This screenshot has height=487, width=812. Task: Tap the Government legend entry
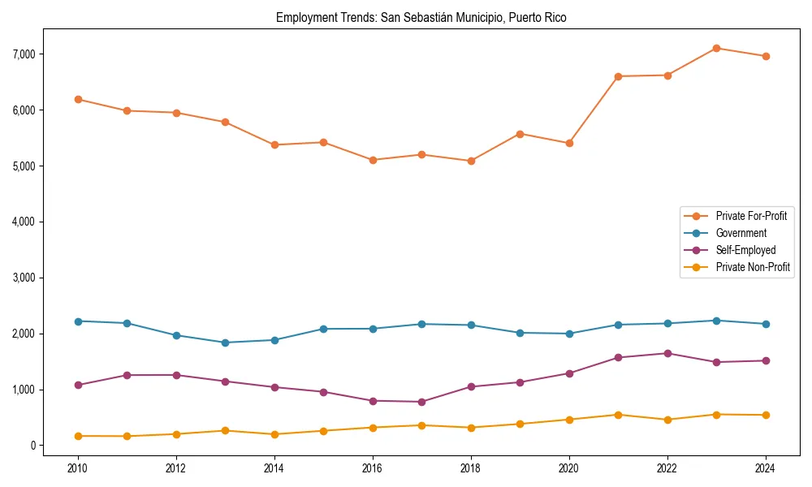(741, 233)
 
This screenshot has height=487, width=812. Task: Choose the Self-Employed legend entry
(745, 250)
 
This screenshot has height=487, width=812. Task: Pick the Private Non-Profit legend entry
(753, 267)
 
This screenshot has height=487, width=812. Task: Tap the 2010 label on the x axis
(78, 468)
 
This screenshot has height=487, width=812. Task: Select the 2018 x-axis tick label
(471, 468)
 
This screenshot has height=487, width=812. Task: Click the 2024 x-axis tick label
(766, 468)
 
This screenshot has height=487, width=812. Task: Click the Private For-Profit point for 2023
(716, 48)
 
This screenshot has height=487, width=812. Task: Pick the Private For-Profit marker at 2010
(78, 99)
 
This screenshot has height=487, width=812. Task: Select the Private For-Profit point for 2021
(618, 76)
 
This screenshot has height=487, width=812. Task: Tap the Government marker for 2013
(225, 343)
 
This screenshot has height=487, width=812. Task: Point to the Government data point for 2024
(766, 324)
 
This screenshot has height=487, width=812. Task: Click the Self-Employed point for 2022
(667, 353)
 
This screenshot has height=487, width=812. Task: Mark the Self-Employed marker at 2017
(421, 402)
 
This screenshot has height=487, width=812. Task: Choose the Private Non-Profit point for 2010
(78, 436)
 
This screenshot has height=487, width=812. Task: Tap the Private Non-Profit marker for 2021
(618, 415)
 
